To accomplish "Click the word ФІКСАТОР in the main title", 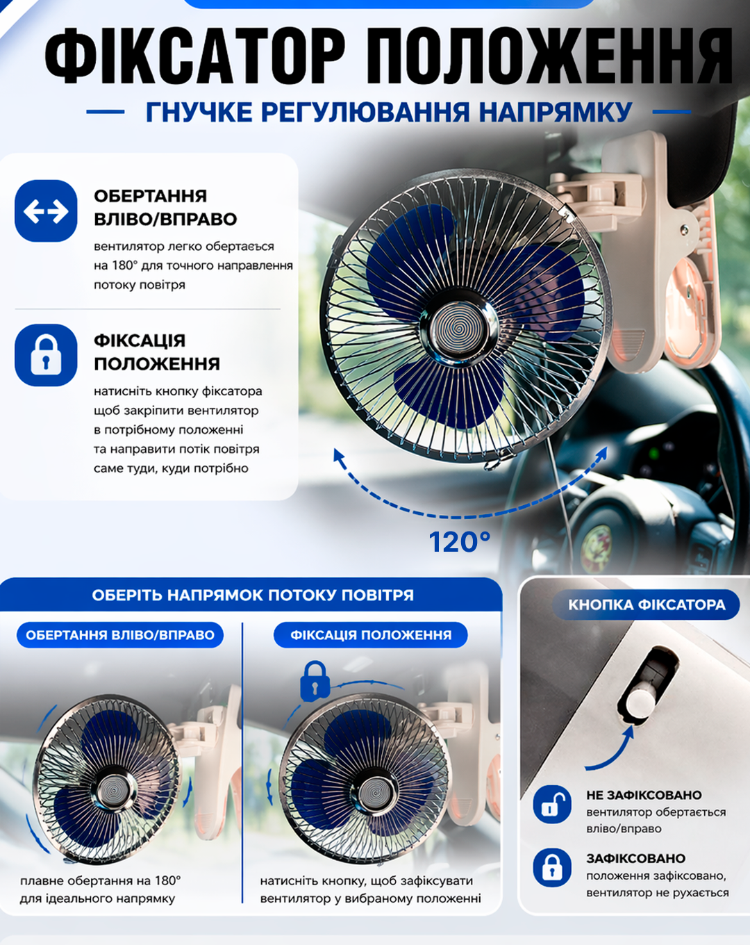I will click(x=195, y=56).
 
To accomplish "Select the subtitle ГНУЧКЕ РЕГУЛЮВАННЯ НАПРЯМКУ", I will click(x=389, y=112).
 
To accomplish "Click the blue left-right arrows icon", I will click(x=46, y=211).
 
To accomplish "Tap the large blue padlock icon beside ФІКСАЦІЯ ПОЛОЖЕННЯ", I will click(x=46, y=355).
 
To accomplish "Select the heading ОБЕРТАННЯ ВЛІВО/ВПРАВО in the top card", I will click(x=165, y=207).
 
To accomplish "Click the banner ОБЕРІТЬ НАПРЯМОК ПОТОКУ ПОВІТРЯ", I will click(x=253, y=595).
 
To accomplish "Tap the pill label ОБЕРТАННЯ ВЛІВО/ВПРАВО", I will click(x=120, y=635).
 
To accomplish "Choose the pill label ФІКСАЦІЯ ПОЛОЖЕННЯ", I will click(x=371, y=635).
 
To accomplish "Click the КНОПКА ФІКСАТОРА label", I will click(x=647, y=605).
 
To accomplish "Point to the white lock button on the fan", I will click(x=640, y=702).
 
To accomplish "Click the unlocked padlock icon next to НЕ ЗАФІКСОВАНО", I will click(x=552, y=804).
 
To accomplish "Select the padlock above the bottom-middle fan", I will click(x=315, y=681).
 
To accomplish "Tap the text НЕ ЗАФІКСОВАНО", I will click(x=644, y=795).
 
